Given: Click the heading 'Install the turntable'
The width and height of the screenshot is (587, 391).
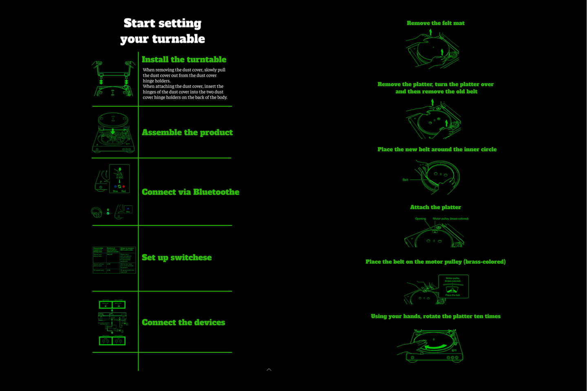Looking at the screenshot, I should pyautogui.click(x=184, y=59).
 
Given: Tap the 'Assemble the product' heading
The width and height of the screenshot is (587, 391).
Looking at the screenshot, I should pyautogui.click(x=187, y=132).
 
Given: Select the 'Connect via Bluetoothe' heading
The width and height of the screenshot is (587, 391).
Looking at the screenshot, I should pyautogui.click(x=190, y=192).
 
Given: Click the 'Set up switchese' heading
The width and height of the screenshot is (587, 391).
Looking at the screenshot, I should pyautogui.click(x=177, y=257).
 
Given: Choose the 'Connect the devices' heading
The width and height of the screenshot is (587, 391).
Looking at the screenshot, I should pyautogui.click(x=183, y=322).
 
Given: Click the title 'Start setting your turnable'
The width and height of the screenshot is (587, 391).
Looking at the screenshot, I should pyautogui.click(x=162, y=31).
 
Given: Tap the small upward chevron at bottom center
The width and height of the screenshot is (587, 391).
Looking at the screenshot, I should pyautogui.click(x=269, y=369).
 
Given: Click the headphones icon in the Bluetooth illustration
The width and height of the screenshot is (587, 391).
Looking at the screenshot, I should pyautogui.click(x=97, y=212).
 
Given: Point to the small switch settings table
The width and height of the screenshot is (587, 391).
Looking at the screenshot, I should pyautogui.click(x=114, y=260).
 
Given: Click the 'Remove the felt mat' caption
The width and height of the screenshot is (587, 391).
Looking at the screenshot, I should pyautogui.click(x=435, y=23).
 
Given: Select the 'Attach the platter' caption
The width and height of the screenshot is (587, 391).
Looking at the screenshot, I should pyautogui.click(x=435, y=207).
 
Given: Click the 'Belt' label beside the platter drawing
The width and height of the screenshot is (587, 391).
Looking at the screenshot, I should pyautogui.click(x=405, y=180).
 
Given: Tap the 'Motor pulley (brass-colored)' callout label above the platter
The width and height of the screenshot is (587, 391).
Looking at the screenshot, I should pyautogui.click(x=450, y=219).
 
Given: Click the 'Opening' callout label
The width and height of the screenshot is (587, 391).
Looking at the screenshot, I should pyautogui.click(x=420, y=219).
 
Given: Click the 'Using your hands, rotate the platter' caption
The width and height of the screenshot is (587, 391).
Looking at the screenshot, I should pyautogui.click(x=435, y=316).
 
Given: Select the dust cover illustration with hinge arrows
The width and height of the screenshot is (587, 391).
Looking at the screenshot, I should pyautogui.click(x=114, y=79).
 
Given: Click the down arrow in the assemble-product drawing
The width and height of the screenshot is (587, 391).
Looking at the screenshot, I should pyautogui.click(x=113, y=131).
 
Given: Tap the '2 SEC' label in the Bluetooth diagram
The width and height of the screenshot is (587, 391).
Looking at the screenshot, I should pyautogui.click(x=119, y=178).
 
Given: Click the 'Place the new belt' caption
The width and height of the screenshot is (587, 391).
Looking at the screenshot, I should pyautogui.click(x=437, y=149).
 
